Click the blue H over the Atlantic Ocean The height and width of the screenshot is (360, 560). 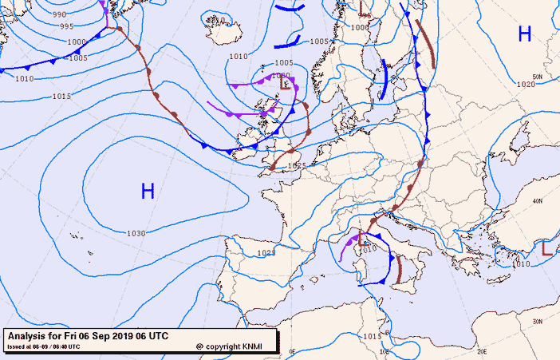[x=148, y=191]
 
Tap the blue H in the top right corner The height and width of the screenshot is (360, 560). [x=525, y=34]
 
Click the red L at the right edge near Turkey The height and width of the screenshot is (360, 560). [x=547, y=249]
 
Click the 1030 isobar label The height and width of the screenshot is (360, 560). [x=136, y=233]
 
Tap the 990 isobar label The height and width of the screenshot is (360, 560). [x=59, y=14]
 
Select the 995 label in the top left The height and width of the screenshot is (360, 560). [x=68, y=26]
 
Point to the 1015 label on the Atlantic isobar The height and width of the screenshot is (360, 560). [x=61, y=96]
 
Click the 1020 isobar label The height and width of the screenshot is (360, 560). [x=526, y=85]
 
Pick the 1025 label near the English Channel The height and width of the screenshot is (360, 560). [x=297, y=166]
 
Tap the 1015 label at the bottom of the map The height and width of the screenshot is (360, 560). [x=372, y=337]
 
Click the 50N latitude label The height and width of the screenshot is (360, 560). [x=538, y=77]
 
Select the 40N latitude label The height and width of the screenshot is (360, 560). [x=538, y=200]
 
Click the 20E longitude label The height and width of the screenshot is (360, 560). [x=482, y=350]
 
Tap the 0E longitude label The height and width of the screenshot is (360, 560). [x=292, y=350]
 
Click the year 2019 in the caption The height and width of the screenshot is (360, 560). [x=124, y=336]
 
